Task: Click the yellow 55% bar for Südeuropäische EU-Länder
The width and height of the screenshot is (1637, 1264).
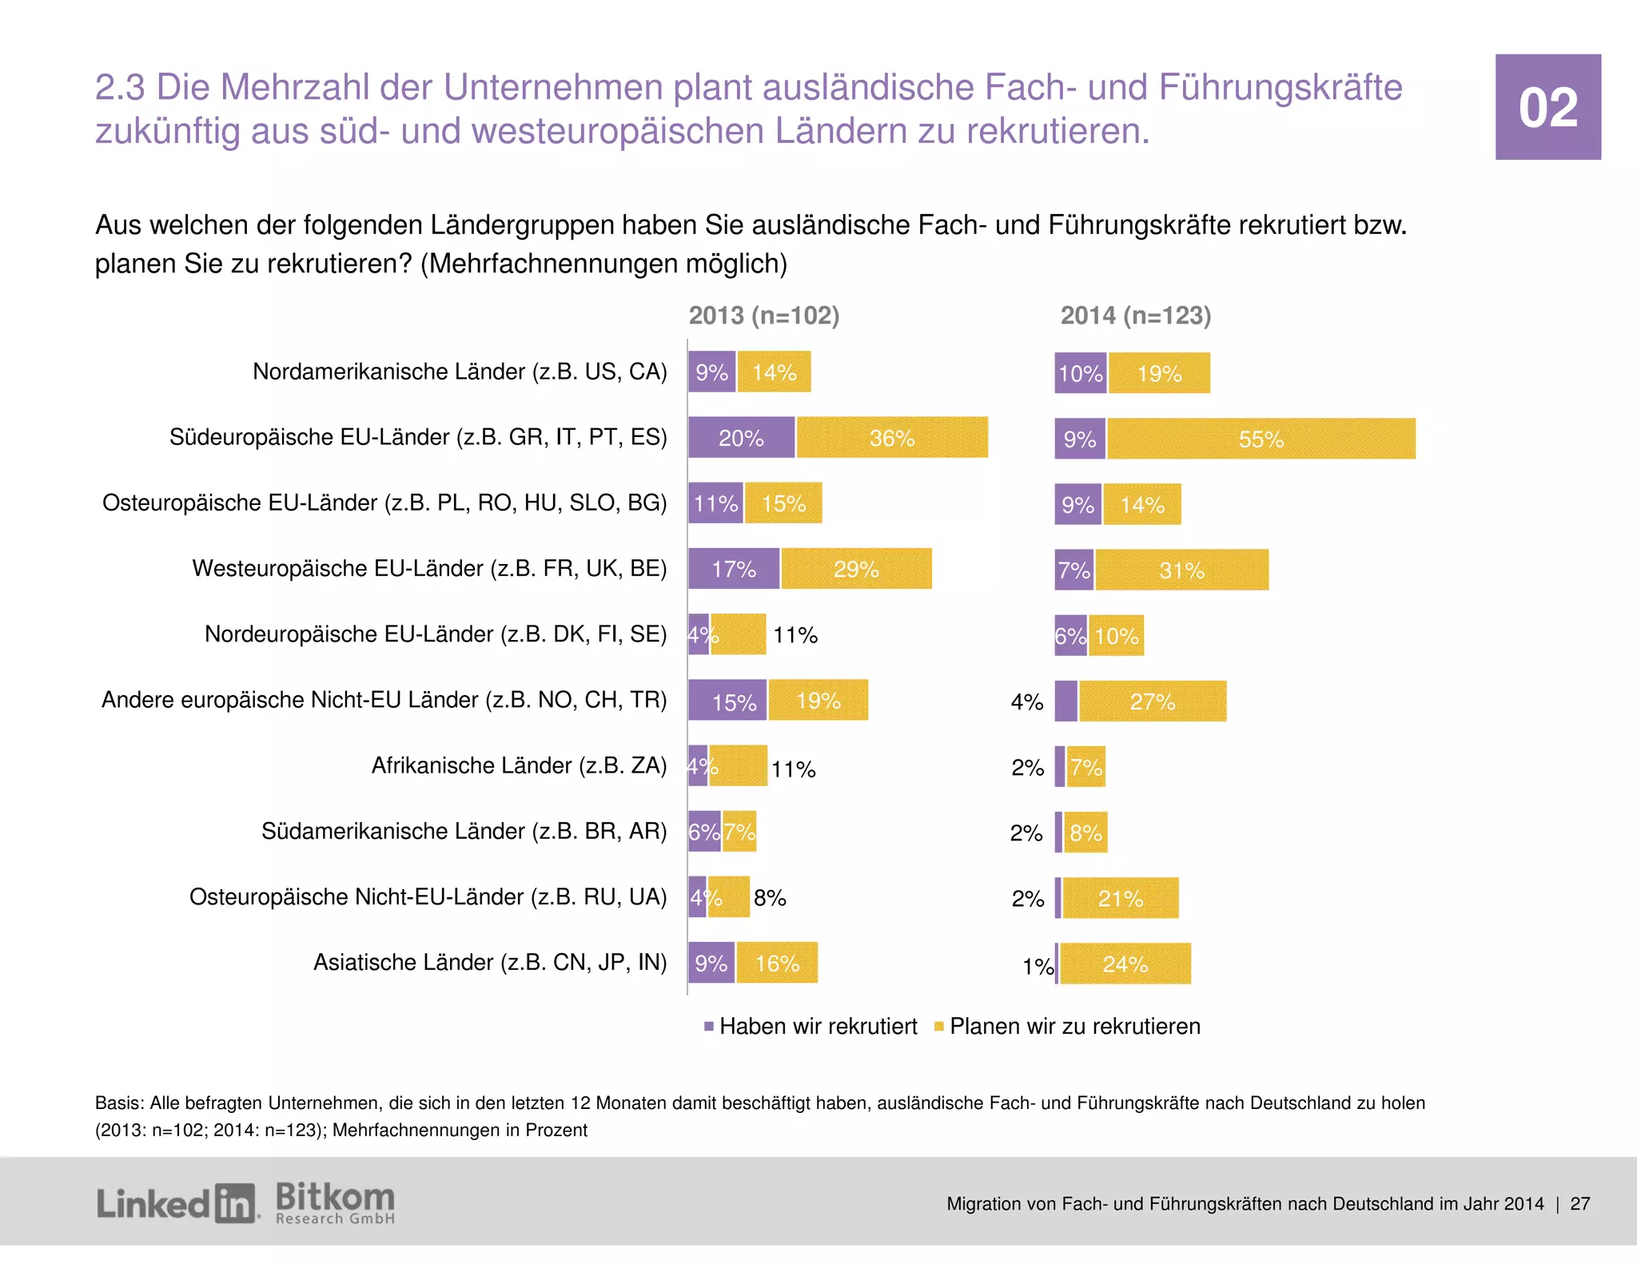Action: pyautogui.click(x=1261, y=439)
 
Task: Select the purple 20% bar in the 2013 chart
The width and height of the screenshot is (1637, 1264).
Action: pyautogui.click(x=741, y=438)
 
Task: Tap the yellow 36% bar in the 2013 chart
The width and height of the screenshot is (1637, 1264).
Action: pyautogui.click(x=892, y=438)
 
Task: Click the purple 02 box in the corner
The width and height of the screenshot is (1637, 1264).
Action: pyautogui.click(x=1547, y=107)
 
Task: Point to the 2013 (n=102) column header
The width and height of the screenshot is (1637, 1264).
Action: pyautogui.click(x=764, y=316)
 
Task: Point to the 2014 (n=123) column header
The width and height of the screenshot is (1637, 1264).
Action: pyautogui.click(x=1135, y=316)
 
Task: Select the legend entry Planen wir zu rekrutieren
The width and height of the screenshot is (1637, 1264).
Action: pyautogui.click(x=1068, y=1027)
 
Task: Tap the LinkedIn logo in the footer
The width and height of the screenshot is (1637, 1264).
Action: pyautogui.click(x=177, y=1203)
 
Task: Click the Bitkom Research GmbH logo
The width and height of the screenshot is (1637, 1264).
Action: pyautogui.click(x=335, y=1202)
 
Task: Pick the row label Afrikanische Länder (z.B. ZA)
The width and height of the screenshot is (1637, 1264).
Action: pyautogui.click(x=519, y=765)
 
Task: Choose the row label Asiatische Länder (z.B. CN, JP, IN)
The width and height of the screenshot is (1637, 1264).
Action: pyautogui.click(x=490, y=962)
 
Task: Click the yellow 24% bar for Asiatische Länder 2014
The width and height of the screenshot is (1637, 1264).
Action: pyautogui.click(x=1125, y=964)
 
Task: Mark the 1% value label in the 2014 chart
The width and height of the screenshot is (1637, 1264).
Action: pyautogui.click(x=1038, y=967)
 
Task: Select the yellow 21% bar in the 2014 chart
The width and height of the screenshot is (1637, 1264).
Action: pyautogui.click(x=1120, y=899)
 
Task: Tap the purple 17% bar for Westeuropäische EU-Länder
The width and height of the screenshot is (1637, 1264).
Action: pyautogui.click(x=733, y=569)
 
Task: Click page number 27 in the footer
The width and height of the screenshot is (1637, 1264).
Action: pyautogui.click(x=1579, y=1204)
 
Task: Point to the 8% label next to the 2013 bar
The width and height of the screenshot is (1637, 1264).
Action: pyautogui.click(x=770, y=898)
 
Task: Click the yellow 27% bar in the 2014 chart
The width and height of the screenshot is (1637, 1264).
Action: pyautogui.click(x=1152, y=702)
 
